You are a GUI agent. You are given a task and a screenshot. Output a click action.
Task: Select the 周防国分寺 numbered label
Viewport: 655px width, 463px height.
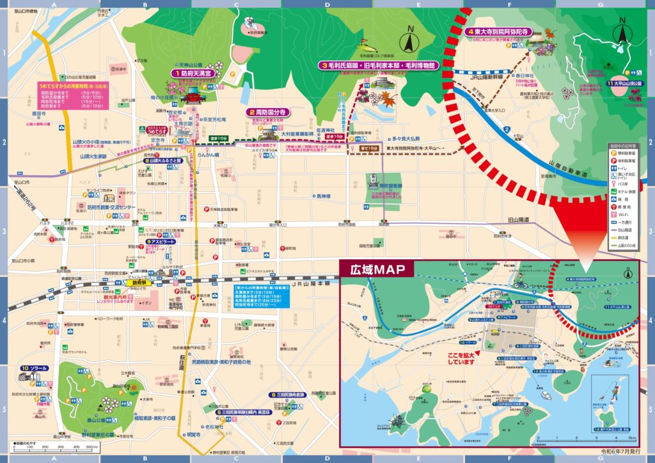tap(268, 112)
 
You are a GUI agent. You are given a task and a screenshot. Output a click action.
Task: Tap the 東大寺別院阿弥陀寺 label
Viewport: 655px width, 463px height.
tap(500, 31)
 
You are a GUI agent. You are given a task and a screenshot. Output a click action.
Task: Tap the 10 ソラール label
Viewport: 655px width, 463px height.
tap(36, 368)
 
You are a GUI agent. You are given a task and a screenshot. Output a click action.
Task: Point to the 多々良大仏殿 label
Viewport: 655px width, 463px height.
tap(406, 138)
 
